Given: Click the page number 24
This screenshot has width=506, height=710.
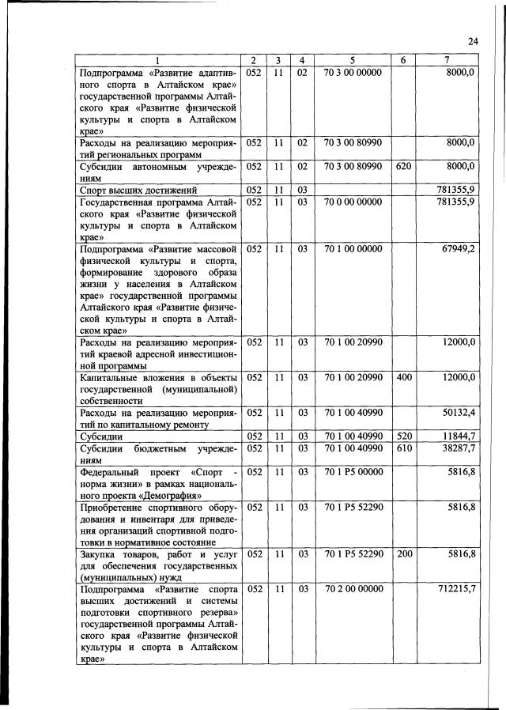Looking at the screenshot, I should click(x=474, y=42).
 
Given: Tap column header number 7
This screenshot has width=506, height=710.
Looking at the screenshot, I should click(x=447, y=61).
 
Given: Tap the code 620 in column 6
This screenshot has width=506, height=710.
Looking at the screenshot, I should click(x=403, y=166).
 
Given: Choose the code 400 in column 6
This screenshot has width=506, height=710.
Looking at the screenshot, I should click(x=403, y=378).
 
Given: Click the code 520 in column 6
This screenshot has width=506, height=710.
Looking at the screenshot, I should click(x=403, y=436).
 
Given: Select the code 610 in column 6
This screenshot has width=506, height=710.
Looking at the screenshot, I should click(x=403, y=448).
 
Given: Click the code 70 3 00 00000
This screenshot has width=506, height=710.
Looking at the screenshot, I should click(x=353, y=73).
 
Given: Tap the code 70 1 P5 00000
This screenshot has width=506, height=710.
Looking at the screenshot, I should click(x=353, y=472).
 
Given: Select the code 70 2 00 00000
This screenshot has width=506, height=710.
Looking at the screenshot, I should click(x=353, y=589).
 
